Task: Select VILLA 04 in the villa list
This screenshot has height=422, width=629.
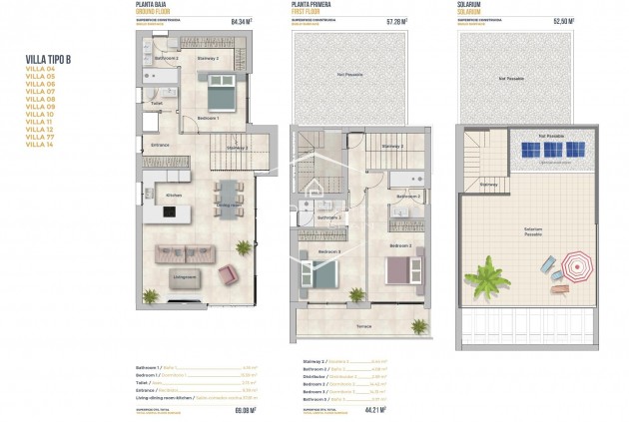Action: point(39,69)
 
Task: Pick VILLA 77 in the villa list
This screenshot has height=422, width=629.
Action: point(39,138)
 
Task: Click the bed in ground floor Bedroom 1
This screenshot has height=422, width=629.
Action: point(220,98)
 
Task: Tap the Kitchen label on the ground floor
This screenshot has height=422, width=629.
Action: point(173,195)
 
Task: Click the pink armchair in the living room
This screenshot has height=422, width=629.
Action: point(229,272)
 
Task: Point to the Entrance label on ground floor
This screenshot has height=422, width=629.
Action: point(161,146)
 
